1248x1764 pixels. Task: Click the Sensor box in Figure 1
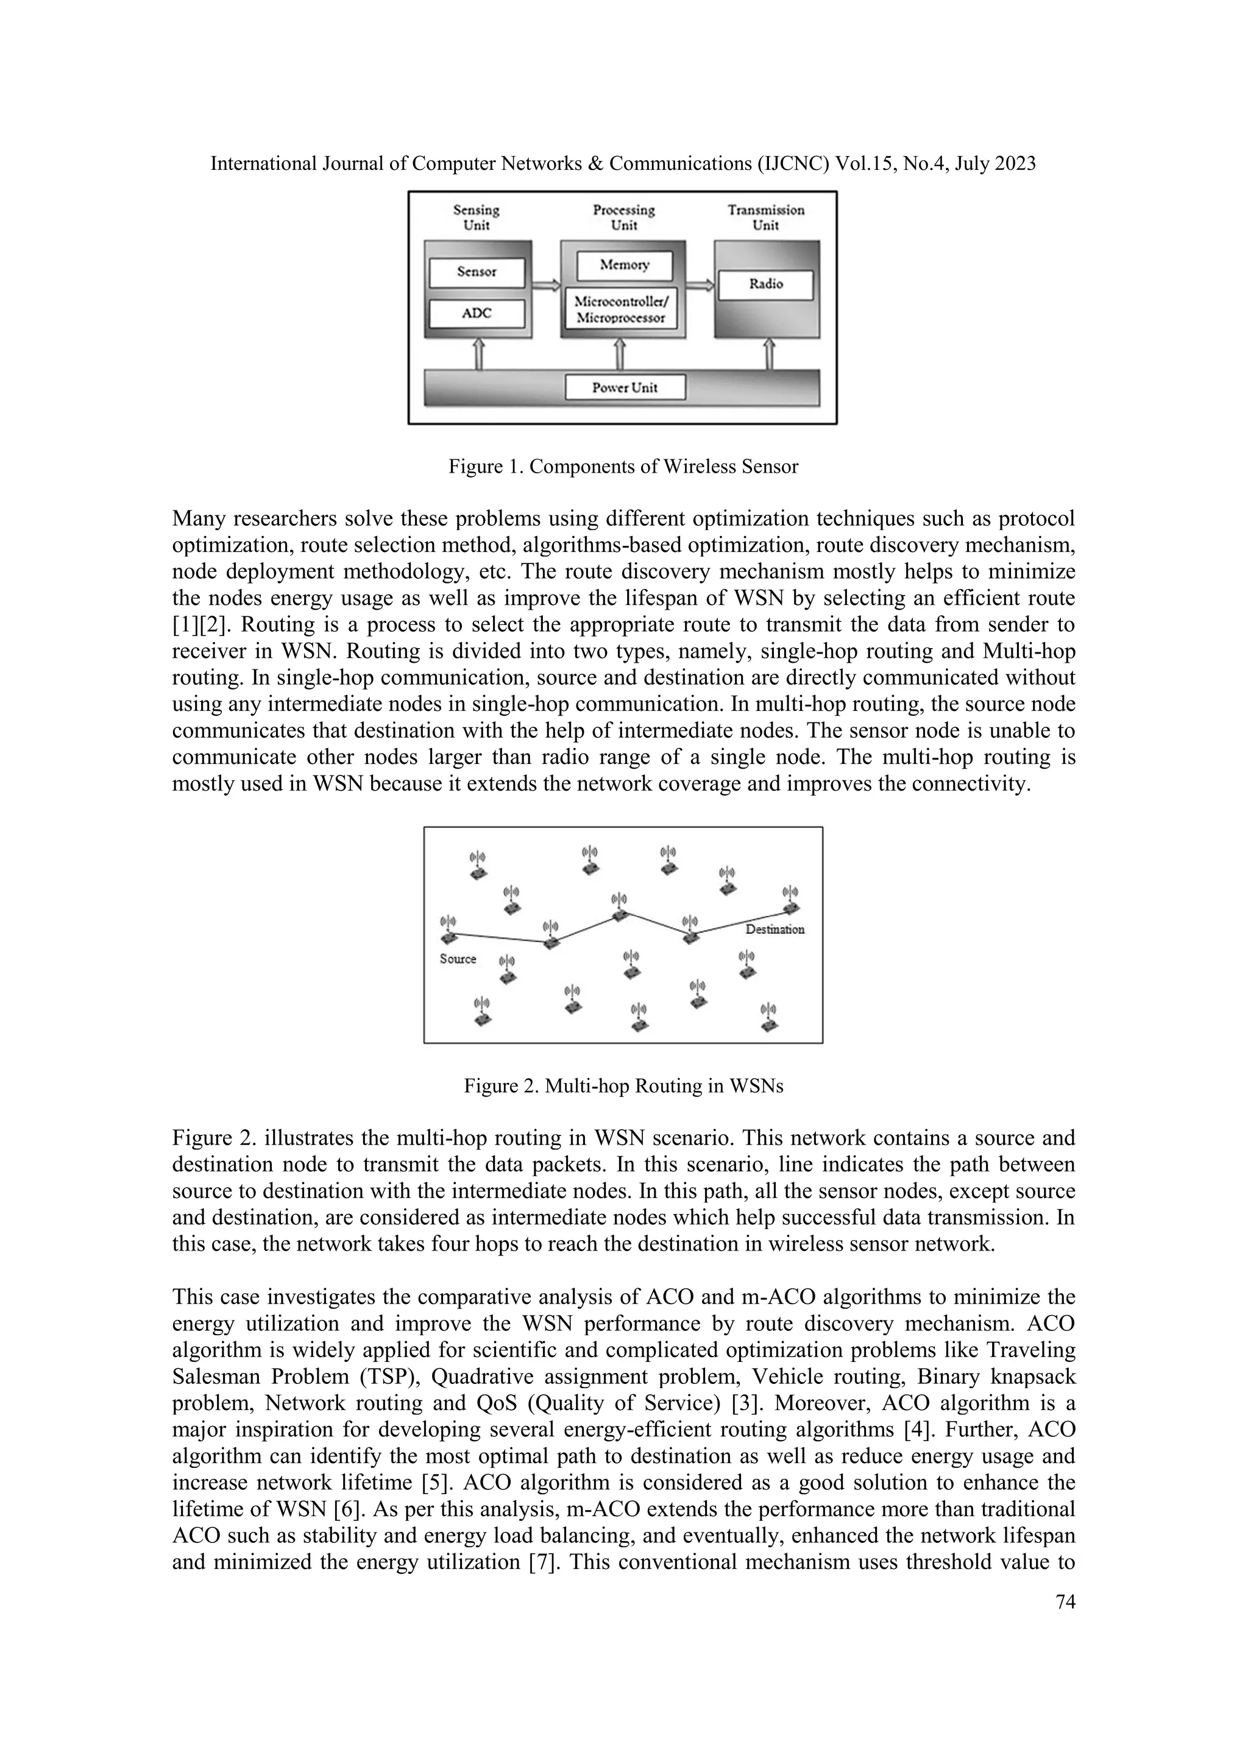[477, 272]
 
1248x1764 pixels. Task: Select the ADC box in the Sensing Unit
[477, 314]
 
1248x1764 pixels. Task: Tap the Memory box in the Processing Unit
[624, 265]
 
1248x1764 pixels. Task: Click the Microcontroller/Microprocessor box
[624, 309]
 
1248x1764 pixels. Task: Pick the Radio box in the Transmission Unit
[765, 284]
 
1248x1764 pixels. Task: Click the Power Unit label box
[625, 388]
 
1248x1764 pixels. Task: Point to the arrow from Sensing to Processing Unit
[545, 286]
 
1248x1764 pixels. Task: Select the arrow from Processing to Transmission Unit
[700, 286]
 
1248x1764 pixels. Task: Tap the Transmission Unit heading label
[766, 217]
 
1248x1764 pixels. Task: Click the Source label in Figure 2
[458, 959]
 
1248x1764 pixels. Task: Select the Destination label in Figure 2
[775, 930]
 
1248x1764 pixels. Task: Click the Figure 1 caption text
[623, 467]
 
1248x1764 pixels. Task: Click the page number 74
[1065, 1602]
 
